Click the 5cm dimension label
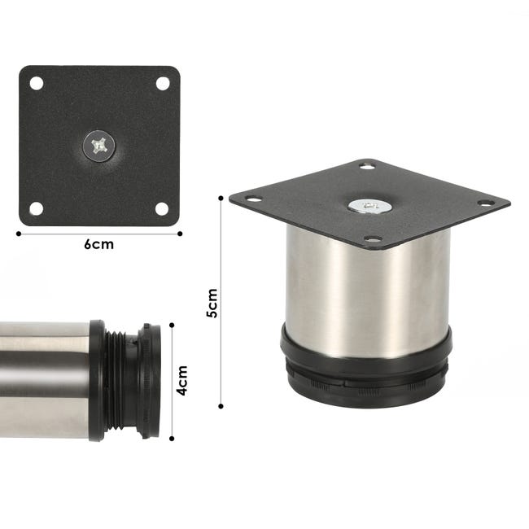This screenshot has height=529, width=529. click(x=212, y=303)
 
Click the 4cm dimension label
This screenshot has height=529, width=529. click(x=182, y=380)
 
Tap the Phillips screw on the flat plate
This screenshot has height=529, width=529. click(x=99, y=146)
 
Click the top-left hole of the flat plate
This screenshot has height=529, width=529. click(x=36, y=83)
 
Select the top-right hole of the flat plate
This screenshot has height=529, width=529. click(x=162, y=83)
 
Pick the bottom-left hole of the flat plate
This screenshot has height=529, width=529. click(x=36, y=208)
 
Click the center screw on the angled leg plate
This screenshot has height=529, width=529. click(x=369, y=206)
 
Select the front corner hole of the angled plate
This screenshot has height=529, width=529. click(x=373, y=238)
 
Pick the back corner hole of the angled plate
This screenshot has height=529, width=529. click(x=367, y=167)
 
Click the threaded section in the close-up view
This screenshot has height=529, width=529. click(x=122, y=380)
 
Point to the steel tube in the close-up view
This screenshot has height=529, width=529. click(x=45, y=380)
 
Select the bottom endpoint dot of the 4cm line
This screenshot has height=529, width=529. click(x=172, y=439)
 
